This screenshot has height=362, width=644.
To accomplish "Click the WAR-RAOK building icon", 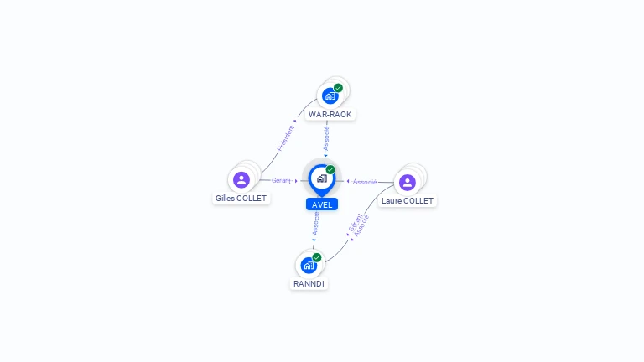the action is (x=330, y=96).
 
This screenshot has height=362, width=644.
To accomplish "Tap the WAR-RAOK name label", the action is (x=330, y=115).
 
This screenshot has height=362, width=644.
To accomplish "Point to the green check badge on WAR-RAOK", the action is (x=338, y=88).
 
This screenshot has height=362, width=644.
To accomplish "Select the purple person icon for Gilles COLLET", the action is (x=241, y=180).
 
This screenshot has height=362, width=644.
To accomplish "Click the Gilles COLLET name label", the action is (x=241, y=199).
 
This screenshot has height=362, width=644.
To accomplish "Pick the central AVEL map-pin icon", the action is (x=322, y=180).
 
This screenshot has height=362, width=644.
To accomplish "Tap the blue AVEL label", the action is (x=322, y=204).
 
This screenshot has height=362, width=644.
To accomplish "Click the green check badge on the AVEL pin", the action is (x=330, y=169).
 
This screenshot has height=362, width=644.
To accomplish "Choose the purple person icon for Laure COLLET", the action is (x=408, y=183).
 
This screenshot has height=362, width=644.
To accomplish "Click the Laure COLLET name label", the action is (x=408, y=201).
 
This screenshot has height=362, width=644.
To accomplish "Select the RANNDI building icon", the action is (x=309, y=266).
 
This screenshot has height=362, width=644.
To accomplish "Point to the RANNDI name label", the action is (x=309, y=283).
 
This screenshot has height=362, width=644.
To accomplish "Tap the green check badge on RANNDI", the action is (x=317, y=257).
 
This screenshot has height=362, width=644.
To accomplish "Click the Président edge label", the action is (x=285, y=138).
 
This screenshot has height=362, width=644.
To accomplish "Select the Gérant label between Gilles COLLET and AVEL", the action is (x=282, y=181).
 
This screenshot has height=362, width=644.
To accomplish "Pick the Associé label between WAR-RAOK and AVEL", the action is (x=326, y=138).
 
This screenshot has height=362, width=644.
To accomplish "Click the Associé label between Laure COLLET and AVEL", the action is (x=365, y=182).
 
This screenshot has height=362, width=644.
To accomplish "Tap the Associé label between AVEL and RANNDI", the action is (x=315, y=223).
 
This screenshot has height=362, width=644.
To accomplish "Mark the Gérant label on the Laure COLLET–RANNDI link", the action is (x=355, y=222).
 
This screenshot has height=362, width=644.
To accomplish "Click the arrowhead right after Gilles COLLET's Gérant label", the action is (x=296, y=181).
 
